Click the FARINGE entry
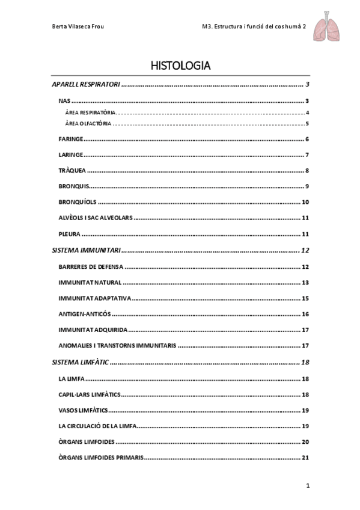coord(71,140)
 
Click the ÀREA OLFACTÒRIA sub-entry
coord(88,124)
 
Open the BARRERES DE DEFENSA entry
coord(90,266)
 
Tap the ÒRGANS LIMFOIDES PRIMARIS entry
coord(101,457)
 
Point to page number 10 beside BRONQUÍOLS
coord(305,202)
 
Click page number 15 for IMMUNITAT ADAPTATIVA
coord(305,298)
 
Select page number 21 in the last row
coord(305,457)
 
